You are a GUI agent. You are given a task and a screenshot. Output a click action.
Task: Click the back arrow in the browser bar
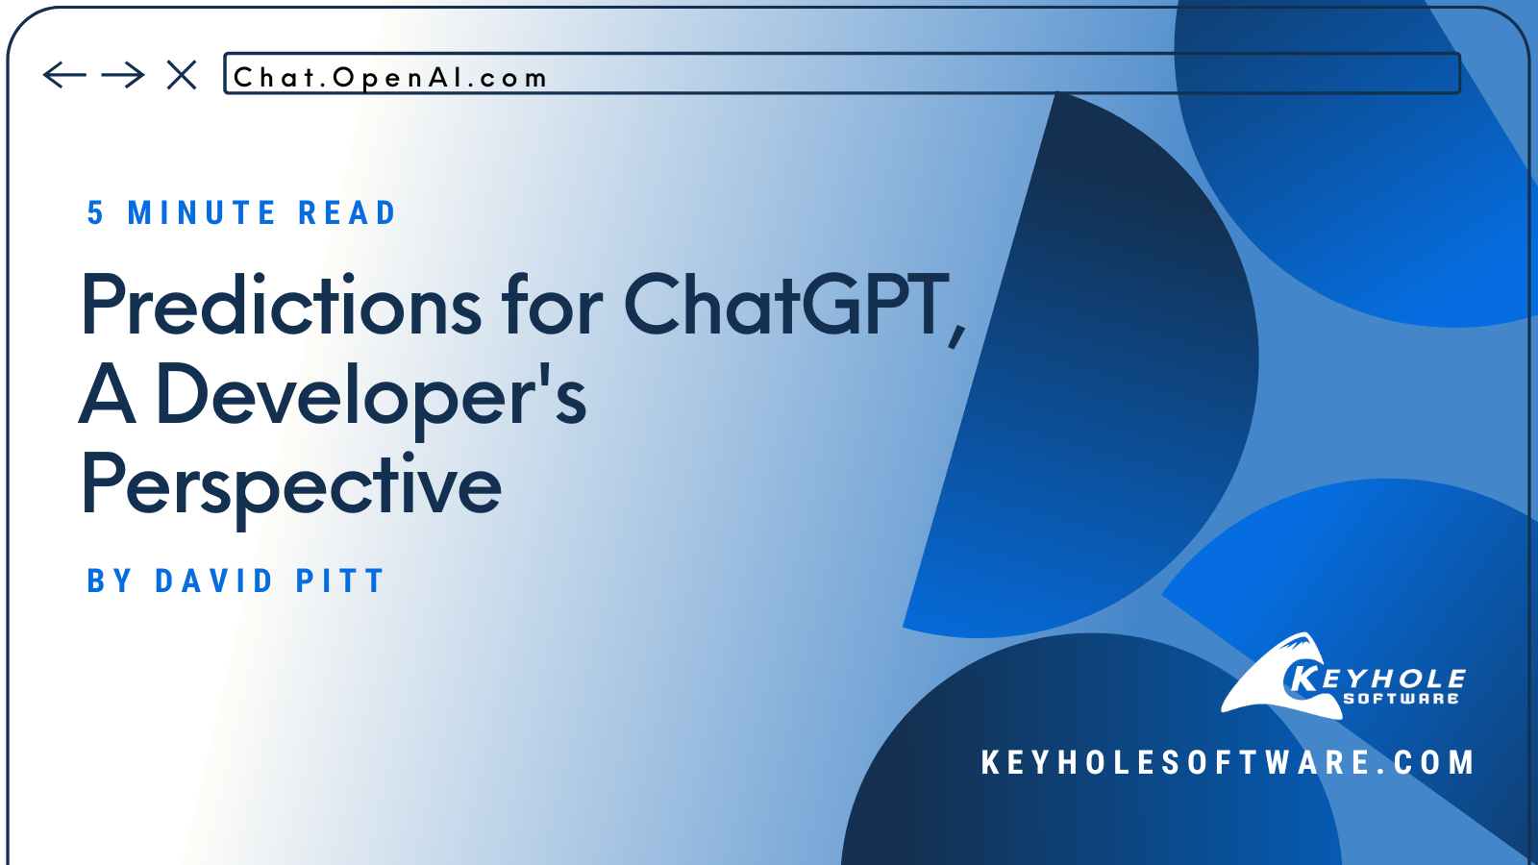pyautogui.click(x=64, y=75)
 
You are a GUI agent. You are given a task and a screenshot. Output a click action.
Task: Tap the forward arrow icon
pyautogui.click(x=123, y=75)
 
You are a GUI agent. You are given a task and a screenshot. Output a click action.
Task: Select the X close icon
pyautogui.click(x=182, y=75)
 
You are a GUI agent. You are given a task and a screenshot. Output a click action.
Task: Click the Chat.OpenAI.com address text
pyautogui.click(x=390, y=78)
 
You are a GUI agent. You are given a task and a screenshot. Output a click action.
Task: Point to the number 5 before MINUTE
pyautogui.click(x=95, y=213)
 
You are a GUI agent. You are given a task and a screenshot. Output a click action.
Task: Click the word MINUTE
pyautogui.click(x=202, y=213)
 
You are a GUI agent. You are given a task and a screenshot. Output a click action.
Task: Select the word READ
pyautogui.click(x=347, y=213)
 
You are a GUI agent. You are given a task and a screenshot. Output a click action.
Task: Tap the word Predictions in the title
pyautogui.click(x=281, y=306)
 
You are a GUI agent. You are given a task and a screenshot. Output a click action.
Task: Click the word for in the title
pyautogui.click(x=552, y=306)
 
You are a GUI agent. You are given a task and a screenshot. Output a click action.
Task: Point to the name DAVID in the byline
pyautogui.click(x=214, y=581)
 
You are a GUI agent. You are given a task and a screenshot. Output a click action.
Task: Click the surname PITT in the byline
pyautogui.click(x=340, y=581)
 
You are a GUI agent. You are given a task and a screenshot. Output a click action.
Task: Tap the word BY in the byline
pyautogui.click(x=109, y=581)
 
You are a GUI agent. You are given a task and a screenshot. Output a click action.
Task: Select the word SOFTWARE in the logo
pyautogui.click(x=1401, y=699)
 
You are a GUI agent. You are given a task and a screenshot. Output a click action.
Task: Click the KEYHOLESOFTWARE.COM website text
pyautogui.click(x=1228, y=763)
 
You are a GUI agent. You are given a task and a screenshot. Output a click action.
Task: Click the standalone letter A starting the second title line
pyautogui.click(x=107, y=394)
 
